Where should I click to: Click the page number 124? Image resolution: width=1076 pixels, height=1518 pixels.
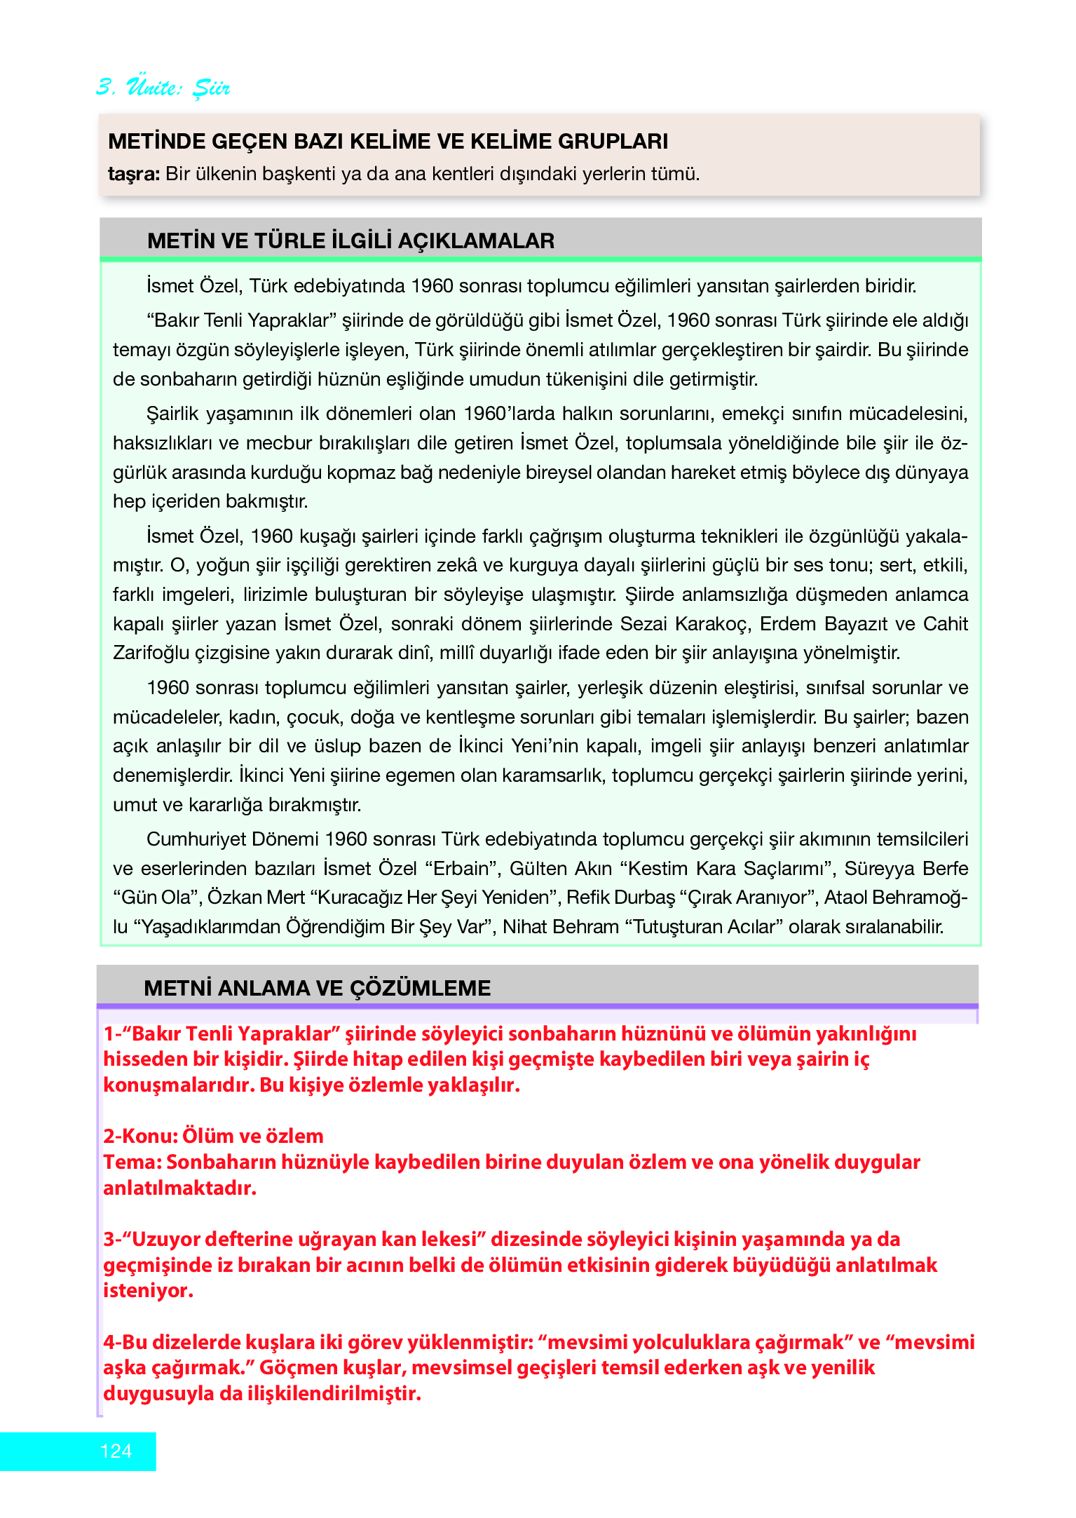[x=116, y=1451]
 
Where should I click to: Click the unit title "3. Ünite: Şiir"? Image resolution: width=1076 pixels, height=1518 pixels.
[x=163, y=87]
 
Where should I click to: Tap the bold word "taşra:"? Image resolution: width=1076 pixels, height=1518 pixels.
[x=134, y=174]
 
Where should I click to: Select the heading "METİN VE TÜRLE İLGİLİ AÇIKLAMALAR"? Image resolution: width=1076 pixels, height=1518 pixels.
[x=350, y=241]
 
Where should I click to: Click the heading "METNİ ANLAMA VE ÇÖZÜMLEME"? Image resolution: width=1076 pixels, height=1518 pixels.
[x=317, y=988]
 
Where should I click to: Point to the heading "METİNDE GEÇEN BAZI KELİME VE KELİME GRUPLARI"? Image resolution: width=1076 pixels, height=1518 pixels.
[x=388, y=141]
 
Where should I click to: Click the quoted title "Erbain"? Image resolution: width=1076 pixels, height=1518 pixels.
[x=461, y=869]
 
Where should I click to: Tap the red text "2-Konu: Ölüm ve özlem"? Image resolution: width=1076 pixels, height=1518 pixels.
[x=213, y=1136]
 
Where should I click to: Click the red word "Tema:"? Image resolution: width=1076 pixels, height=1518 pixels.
[x=133, y=1162]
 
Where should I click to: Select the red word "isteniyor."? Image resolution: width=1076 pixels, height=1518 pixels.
[x=148, y=1290]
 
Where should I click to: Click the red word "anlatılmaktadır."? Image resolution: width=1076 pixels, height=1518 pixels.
[x=179, y=1188]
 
